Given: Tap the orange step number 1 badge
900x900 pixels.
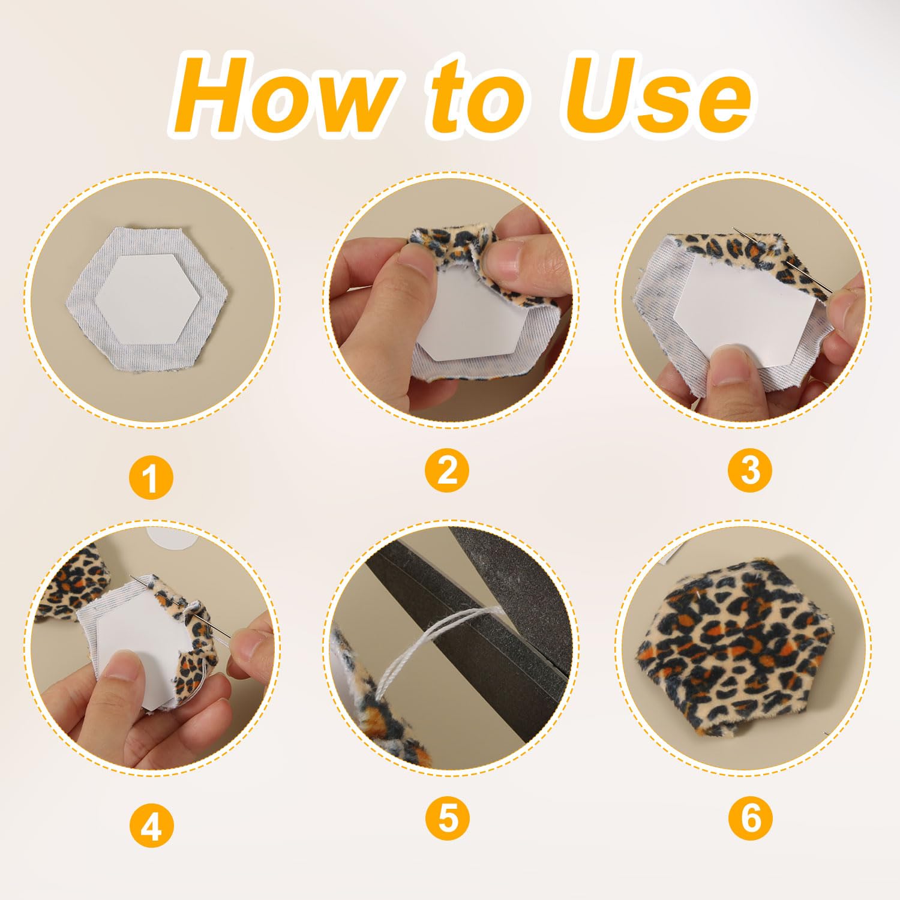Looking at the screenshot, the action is pyautogui.click(x=151, y=478).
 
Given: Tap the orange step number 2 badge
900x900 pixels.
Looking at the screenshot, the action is pyautogui.click(x=447, y=470).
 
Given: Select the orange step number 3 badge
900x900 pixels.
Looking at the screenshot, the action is pyautogui.click(x=750, y=470).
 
